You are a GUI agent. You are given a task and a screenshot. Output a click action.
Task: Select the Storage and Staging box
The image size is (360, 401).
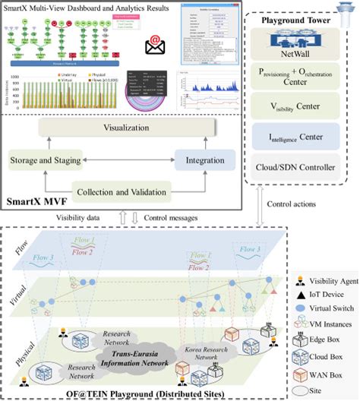46,159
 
